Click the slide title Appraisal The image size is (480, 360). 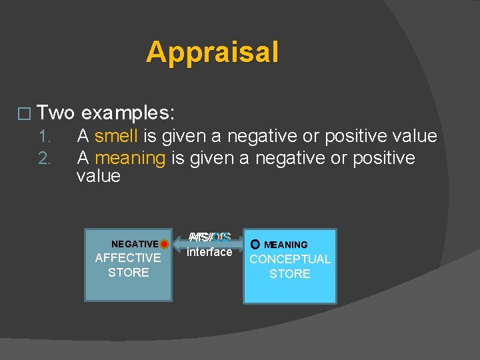tap(212, 52)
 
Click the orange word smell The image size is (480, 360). tap(116, 137)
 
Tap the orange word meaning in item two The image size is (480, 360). tap(130, 158)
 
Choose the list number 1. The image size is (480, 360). tap(45, 137)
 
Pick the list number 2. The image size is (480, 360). tap(45, 159)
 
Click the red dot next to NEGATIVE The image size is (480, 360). tap(164, 244)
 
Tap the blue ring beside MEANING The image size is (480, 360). tap(255, 245)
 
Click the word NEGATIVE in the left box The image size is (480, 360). tap(135, 244)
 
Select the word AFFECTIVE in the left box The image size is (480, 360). tap(128, 258)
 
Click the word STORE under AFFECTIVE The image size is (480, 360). tap(128, 273)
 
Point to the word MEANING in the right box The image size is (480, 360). tap(286, 245)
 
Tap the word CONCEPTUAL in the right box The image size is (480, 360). tap(290, 259)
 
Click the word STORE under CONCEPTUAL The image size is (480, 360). tap(290, 274)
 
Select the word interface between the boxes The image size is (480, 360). tap(209, 252)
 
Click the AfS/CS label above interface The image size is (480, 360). tap(209, 237)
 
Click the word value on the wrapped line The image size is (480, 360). tap(99, 176)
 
